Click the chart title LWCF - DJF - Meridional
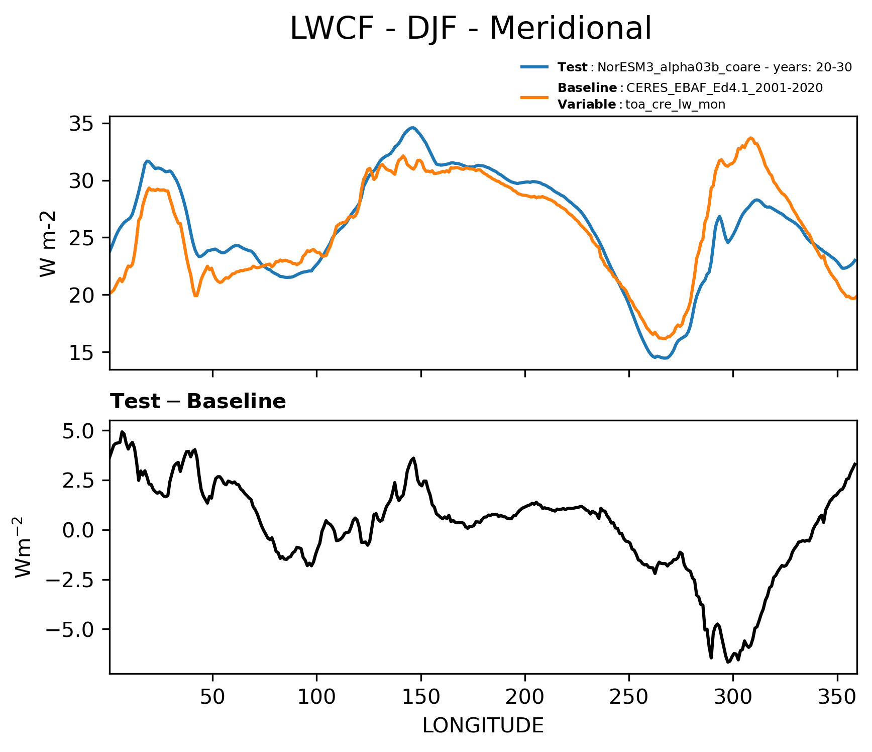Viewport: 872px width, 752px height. pyautogui.click(x=471, y=28)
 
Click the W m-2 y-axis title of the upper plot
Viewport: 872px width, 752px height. pyautogui.click(x=48, y=244)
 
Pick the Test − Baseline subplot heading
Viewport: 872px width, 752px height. pyautogui.click(x=198, y=402)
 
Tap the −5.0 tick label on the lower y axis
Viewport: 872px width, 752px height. pyautogui.click(x=70, y=629)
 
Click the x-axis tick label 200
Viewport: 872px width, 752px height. pyautogui.click(x=525, y=698)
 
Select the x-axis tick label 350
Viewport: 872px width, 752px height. pyautogui.click(x=837, y=698)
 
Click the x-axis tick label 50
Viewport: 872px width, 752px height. pyautogui.click(x=213, y=698)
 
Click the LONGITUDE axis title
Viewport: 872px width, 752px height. pyautogui.click(x=483, y=726)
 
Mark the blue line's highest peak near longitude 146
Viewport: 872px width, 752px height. pyautogui.click(x=412, y=128)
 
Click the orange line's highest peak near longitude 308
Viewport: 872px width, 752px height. pyautogui.click(x=751, y=138)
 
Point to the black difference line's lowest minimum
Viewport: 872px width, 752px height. pyautogui.click(x=728, y=662)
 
